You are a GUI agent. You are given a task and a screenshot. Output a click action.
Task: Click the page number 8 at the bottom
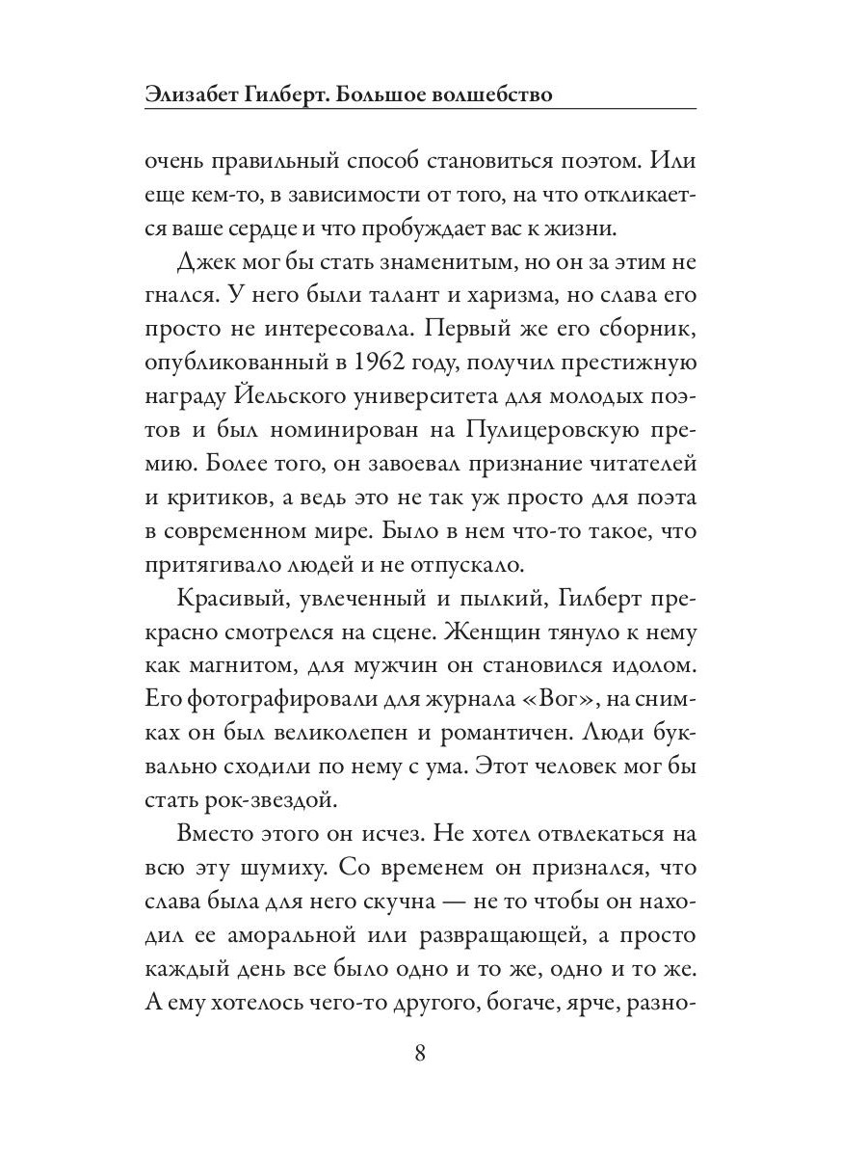pyautogui.click(x=420, y=1052)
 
